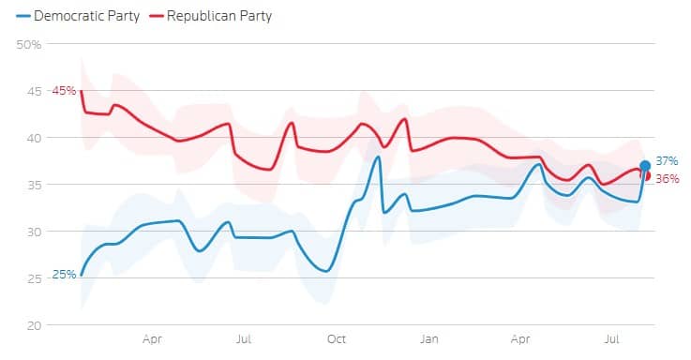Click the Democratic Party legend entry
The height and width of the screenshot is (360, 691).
pyautogui.click(x=78, y=16)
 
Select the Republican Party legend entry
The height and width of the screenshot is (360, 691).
pyautogui.click(x=211, y=16)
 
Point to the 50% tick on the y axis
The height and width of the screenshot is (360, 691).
pyautogui.click(x=29, y=44)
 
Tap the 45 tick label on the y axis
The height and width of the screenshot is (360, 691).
pyautogui.click(x=34, y=91)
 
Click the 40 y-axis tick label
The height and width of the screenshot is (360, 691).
pyautogui.click(x=34, y=138)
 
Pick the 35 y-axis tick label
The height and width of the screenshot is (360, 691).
pyautogui.click(x=34, y=185)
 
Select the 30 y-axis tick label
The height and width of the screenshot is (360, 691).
pyautogui.click(x=34, y=232)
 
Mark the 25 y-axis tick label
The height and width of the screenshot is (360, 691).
pyautogui.click(x=34, y=278)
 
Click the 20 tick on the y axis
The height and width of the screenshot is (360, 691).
pyautogui.click(x=34, y=325)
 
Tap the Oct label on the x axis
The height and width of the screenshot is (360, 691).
pyautogui.click(x=337, y=338)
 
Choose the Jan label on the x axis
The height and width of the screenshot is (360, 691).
pyautogui.click(x=428, y=338)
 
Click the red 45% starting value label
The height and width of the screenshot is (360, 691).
pyautogui.click(x=64, y=91)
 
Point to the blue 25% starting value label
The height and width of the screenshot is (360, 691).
pyautogui.click(x=64, y=275)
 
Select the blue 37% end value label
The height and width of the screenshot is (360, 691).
pyautogui.click(x=667, y=161)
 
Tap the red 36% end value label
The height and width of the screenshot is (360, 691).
pyautogui.click(x=668, y=178)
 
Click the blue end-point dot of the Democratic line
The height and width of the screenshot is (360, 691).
pyautogui.click(x=645, y=166)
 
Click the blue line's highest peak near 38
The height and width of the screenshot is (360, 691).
pyautogui.click(x=378, y=157)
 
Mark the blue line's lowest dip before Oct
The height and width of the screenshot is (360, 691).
pyautogui.click(x=326, y=271)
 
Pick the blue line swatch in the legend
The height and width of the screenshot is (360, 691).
pyautogui.click(x=23, y=16)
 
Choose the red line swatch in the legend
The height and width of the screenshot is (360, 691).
pyautogui.click(x=157, y=16)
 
